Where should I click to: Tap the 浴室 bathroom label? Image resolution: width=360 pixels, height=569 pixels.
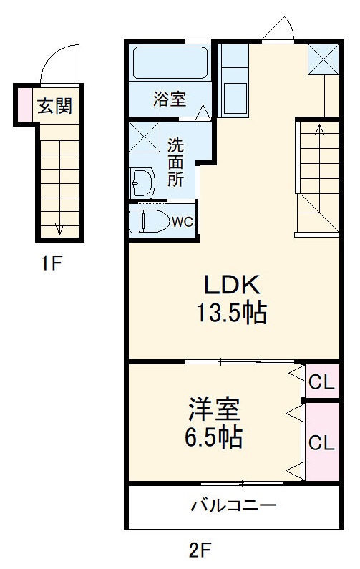(169, 99)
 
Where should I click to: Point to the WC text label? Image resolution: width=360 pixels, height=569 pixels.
(181, 221)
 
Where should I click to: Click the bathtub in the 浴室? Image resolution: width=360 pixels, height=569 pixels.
(170, 63)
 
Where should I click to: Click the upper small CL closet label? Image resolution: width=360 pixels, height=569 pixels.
(321, 383)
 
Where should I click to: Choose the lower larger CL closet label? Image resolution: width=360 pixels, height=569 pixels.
(321, 442)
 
